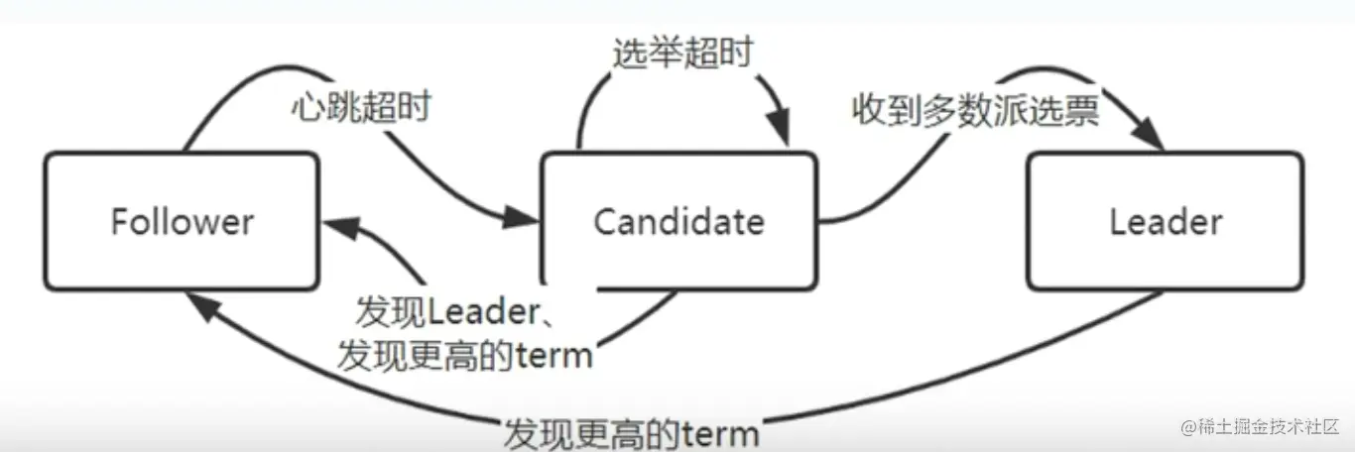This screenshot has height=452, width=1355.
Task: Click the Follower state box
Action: (180, 220)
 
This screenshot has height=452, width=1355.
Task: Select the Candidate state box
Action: (678, 220)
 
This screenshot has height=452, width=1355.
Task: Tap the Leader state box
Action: (1165, 220)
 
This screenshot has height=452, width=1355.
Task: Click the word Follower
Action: (182, 221)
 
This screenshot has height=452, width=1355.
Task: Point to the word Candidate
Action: (678, 221)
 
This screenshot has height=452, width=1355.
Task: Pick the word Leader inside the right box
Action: (1166, 221)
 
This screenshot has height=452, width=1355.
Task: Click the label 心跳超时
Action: (360, 107)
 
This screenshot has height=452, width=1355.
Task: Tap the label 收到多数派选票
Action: (975, 111)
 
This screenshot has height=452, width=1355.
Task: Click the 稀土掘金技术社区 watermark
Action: (1259, 427)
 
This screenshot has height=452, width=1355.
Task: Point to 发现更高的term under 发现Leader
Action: (464, 354)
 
